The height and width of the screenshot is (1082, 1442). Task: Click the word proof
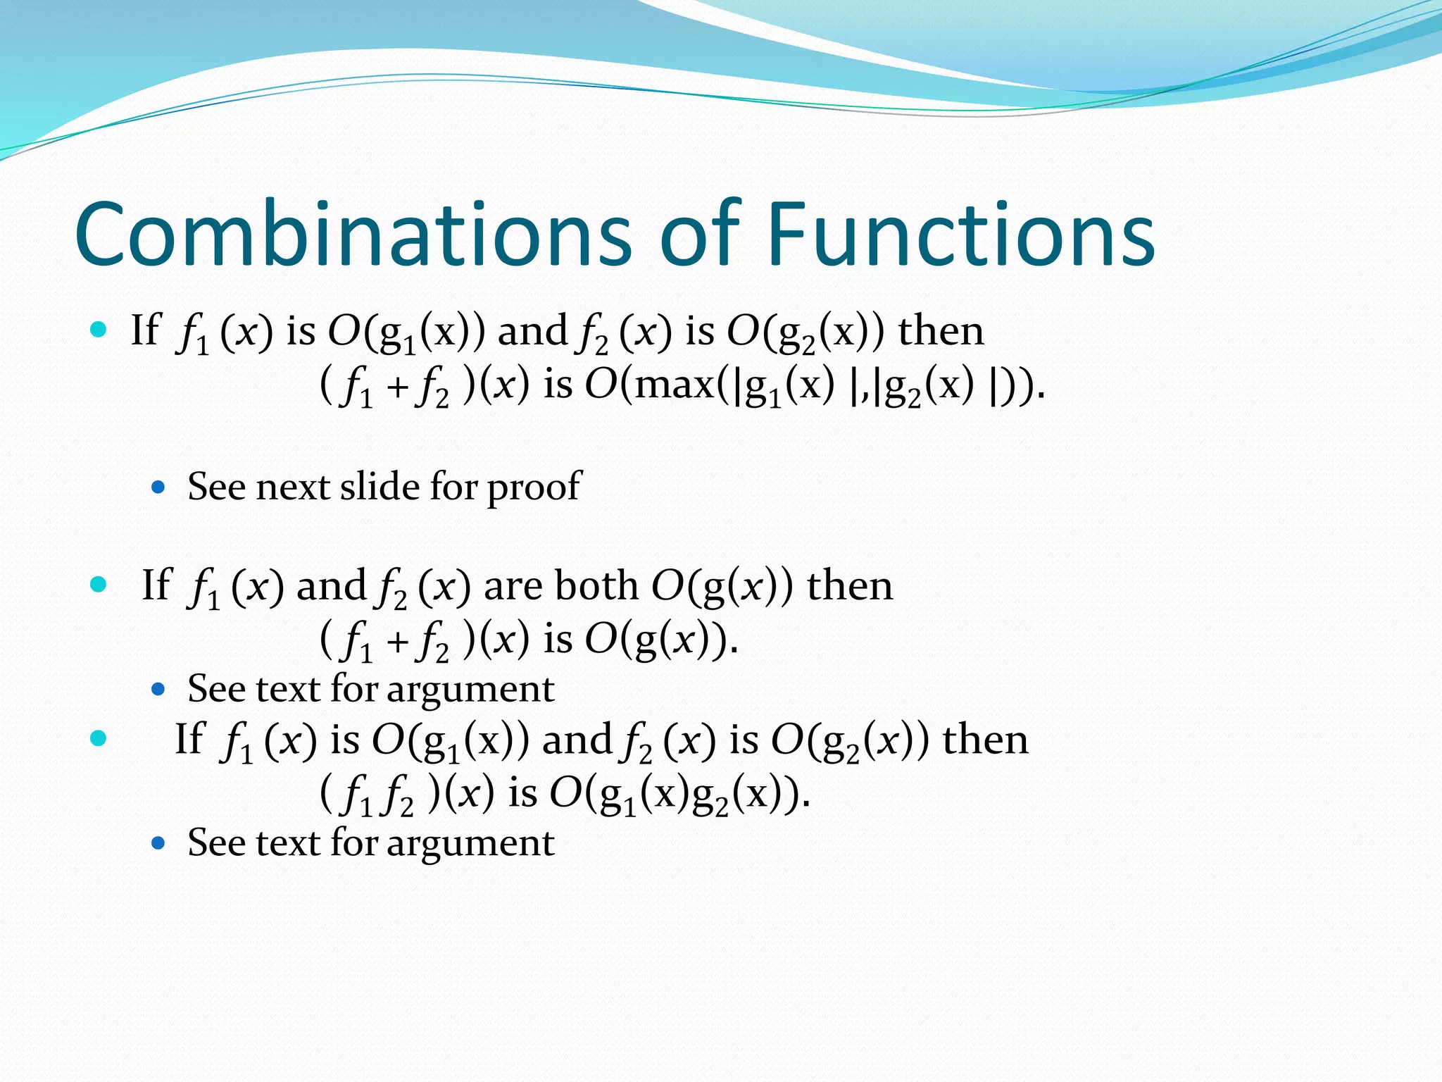(534, 488)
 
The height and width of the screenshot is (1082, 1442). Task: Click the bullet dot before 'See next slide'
(158, 487)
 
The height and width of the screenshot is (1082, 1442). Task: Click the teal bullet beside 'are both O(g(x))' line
(99, 584)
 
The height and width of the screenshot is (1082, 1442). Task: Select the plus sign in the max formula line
(398, 387)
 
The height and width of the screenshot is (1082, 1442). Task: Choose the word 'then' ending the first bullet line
(941, 331)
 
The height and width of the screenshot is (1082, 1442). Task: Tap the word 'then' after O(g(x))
(850, 585)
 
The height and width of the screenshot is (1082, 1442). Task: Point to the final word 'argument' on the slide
(470, 844)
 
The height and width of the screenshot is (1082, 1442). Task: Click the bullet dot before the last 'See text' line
(158, 842)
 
